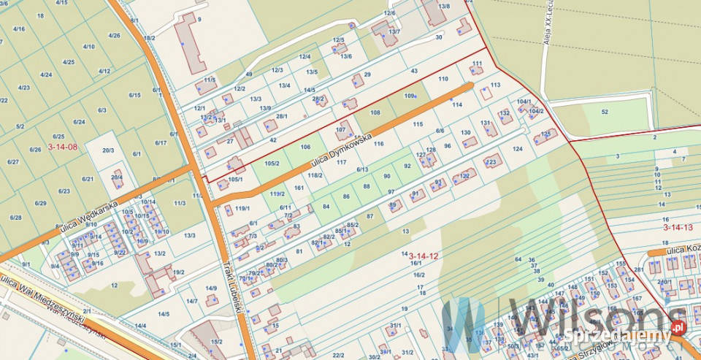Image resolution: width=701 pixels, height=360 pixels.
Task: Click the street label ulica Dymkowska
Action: pos(342,153)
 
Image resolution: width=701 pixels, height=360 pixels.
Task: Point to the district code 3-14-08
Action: pos(63,146)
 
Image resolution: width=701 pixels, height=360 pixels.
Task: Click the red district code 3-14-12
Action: pos(424,255)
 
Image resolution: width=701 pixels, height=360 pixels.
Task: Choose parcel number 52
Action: pos(605,112)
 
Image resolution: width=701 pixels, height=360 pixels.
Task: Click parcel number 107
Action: pos(340,130)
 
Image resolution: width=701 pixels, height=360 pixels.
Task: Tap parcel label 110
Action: pos(443,78)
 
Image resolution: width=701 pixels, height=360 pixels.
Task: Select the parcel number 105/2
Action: pos(272,163)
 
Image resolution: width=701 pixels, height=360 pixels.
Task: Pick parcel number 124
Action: pos(518,149)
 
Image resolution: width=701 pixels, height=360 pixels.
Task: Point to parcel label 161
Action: pos(299,188)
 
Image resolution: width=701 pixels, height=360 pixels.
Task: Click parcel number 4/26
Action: pos(114,35)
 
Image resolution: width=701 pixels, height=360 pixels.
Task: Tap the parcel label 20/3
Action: pos(108,150)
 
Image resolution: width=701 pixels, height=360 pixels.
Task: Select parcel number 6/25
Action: pos(58,137)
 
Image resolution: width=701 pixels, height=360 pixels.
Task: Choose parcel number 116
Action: pos(378,144)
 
